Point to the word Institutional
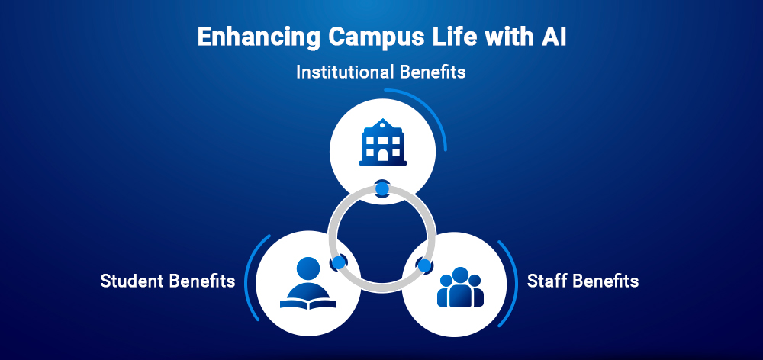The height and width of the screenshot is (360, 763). click(x=344, y=73)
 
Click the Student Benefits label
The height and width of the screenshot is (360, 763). click(x=167, y=281)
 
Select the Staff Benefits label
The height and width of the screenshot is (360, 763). click(x=583, y=281)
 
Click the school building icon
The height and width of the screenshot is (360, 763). click(x=382, y=143)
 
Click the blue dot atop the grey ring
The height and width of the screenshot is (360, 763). click(x=382, y=188)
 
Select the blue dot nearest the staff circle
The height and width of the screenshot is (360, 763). click(x=424, y=266)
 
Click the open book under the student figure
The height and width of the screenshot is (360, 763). click(x=308, y=301)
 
